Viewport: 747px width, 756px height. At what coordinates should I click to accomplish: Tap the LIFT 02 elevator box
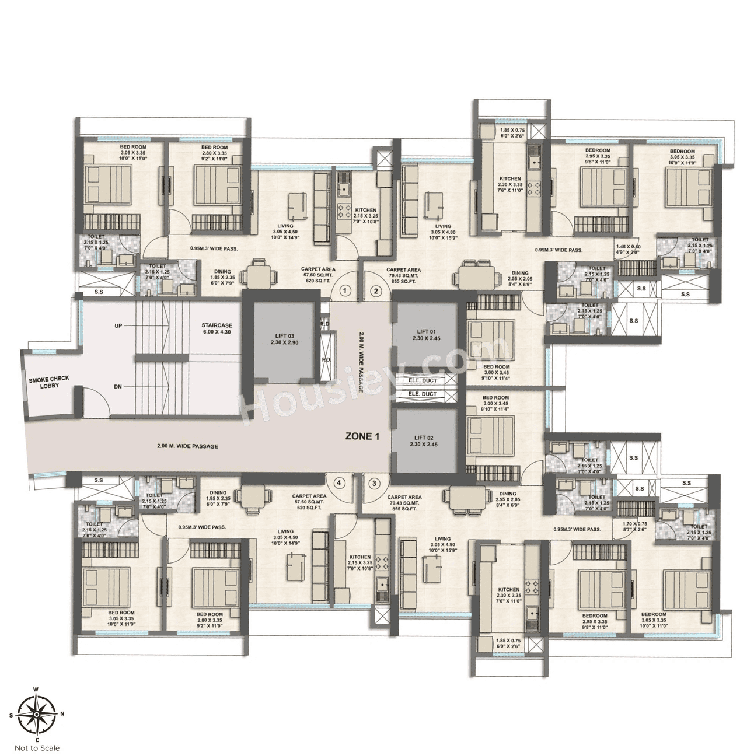(424, 440)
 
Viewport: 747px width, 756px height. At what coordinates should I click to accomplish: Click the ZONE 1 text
(362, 436)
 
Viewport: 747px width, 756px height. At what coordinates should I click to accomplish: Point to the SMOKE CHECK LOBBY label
(49, 382)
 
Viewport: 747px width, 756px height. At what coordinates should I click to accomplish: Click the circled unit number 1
(345, 290)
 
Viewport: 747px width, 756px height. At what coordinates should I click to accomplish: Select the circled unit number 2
(376, 290)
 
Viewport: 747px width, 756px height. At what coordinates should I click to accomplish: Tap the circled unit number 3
(375, 483)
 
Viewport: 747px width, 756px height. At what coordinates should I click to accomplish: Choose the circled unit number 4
(339, 483)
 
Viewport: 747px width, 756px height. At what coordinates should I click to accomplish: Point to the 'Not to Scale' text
(37, 748)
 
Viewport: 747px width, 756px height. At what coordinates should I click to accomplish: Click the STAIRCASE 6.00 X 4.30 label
(217, 328)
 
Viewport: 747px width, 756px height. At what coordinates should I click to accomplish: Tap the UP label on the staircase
(118, 325)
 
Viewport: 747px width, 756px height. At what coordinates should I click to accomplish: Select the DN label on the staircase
(118, 386)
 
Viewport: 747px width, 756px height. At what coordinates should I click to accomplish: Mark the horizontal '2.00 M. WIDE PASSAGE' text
(187, 446)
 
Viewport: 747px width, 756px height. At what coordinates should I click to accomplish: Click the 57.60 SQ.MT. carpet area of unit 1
(318, 275)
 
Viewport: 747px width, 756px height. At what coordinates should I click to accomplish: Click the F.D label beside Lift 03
(326, 359)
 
